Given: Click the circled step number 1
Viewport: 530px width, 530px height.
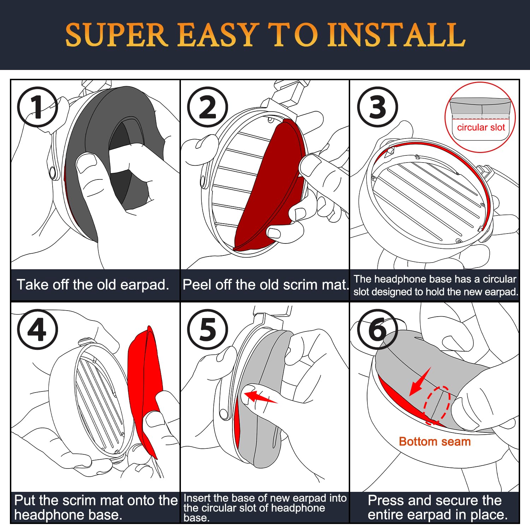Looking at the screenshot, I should [37, 107].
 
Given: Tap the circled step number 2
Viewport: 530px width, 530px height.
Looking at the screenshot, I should [207, 107].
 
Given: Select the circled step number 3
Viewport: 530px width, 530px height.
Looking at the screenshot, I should [377, 107].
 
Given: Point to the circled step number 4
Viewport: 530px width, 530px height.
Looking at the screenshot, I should [37, 329].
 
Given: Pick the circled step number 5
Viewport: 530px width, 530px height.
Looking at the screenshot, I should [207, 329].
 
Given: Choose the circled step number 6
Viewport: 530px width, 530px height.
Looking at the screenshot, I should [377, 329].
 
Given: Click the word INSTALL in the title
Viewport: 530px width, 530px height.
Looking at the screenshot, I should [396, 35].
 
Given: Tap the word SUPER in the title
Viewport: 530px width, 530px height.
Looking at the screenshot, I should [116, 35].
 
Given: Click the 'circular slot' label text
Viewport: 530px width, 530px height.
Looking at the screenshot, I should [481, 127].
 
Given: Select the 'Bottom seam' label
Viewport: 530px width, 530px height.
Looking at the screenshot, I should [435, 442].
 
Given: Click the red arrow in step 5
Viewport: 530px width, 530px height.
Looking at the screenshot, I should [260, 397].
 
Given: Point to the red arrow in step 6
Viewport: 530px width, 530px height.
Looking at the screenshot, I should [420, 382].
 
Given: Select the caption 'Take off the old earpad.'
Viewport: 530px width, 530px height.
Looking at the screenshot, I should [93, 285].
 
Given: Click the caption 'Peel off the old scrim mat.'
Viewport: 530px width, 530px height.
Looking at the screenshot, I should [265, 285].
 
